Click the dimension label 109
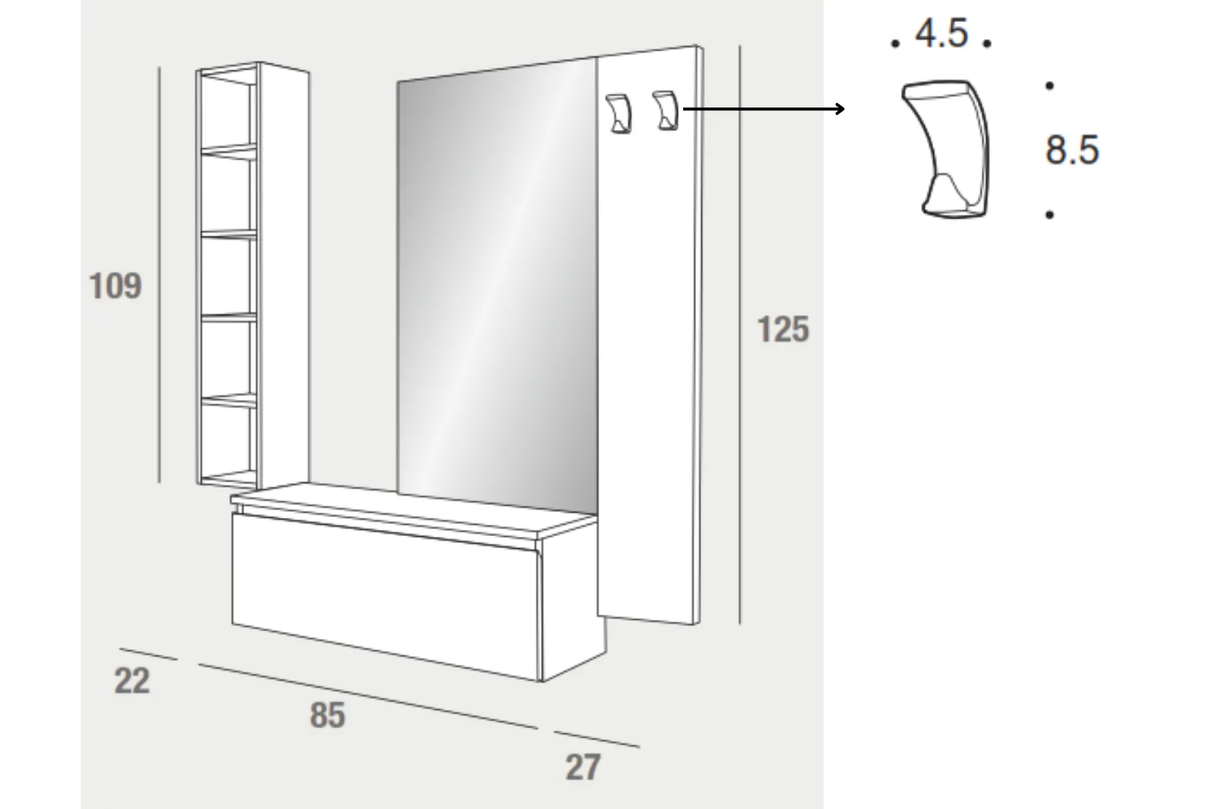(115, 286)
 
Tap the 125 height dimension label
(783, 329)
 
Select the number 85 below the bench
(327, 715)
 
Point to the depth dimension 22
(131, 681)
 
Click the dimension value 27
(583, 767)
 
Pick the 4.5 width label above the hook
(942, 33)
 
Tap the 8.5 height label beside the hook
(1072, 150)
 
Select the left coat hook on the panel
(619, 113)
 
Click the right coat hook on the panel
(666, 110)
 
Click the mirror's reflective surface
(497, 287)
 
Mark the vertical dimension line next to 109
(159, 275)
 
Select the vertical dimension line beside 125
(740, 335)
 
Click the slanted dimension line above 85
(368, 696)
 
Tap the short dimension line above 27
(596, 739)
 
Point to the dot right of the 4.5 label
(987, 43)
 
